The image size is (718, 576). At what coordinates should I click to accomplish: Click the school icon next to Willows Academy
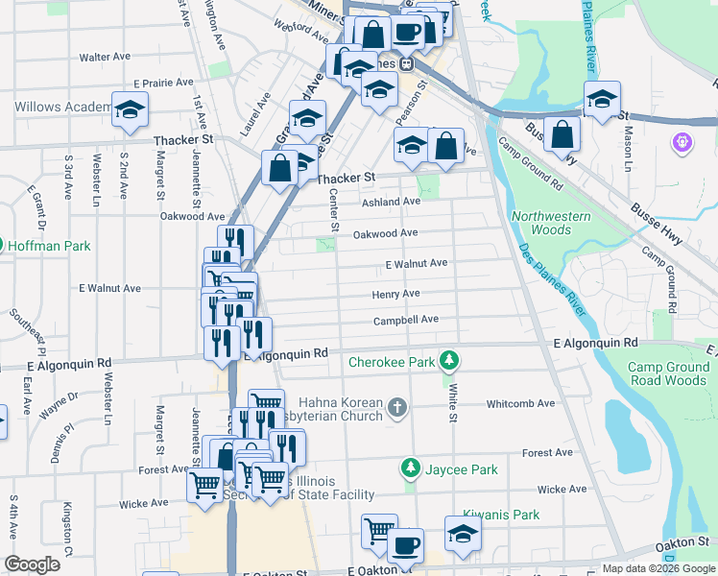[x=130, y=110]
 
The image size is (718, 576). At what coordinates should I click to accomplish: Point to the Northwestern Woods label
[x=551, y=223]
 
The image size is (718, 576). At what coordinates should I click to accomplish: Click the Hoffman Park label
[x=50, y=246]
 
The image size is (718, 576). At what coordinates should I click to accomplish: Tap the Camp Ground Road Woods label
[x=672, y=373]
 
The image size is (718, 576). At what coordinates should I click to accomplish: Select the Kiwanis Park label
[x=501, y=515]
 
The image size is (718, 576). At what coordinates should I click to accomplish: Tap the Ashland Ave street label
[x=391, y=203]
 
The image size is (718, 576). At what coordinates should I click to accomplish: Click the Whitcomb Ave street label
[x=520, y=404]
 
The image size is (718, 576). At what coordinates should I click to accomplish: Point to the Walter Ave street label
[x=105, y=58]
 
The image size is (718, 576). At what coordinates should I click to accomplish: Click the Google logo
[x=32, y=564]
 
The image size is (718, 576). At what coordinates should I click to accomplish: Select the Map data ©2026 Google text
[x=658, y=568]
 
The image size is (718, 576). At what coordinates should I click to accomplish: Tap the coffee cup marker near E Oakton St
[x=405, y=546]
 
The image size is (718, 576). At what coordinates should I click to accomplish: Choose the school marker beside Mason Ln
[x=602, y=99]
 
